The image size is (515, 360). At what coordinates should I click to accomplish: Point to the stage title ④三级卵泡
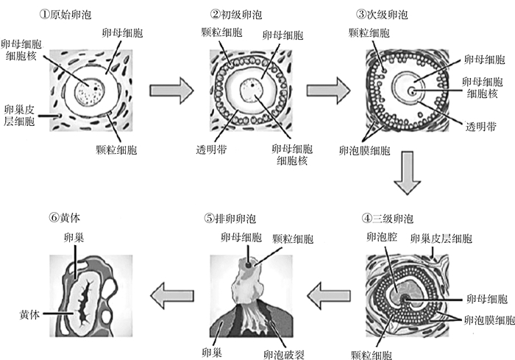click(388, 218)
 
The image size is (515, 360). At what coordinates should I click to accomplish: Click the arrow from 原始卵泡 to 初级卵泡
click(171, 91)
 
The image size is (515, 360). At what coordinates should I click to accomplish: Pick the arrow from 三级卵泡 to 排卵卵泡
click(328, 297)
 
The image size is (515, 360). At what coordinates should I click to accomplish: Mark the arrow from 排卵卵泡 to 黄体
click(171, 297)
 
